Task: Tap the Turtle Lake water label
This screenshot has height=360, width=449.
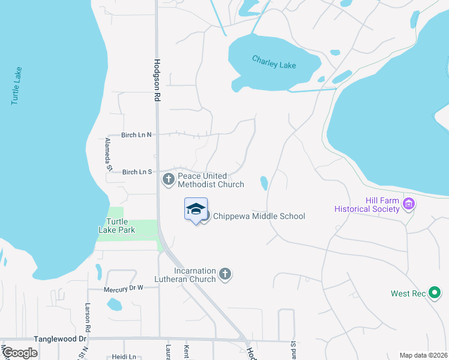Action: tap(17, 86)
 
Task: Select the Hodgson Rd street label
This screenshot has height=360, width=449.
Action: tap(158, 79)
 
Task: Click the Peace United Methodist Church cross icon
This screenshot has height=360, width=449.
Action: tap(168, 178)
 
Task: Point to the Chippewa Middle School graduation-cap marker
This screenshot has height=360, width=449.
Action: tap(196, 209)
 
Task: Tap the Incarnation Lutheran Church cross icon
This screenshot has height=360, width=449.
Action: tap(225, 274)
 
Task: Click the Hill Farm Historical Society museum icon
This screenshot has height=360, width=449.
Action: tap(409, 204)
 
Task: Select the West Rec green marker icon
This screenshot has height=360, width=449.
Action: tap(435, 293)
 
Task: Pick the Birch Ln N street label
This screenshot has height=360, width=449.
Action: tap(137, 135)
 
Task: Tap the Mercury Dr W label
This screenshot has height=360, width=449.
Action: tap(123, 289)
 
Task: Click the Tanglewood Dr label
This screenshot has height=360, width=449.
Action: tap(61, 339)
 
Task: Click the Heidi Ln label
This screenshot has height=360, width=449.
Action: tap(124, 356)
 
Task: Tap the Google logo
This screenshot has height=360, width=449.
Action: tap(20, 353)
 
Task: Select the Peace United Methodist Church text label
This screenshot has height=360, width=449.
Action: tap(211, 180)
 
